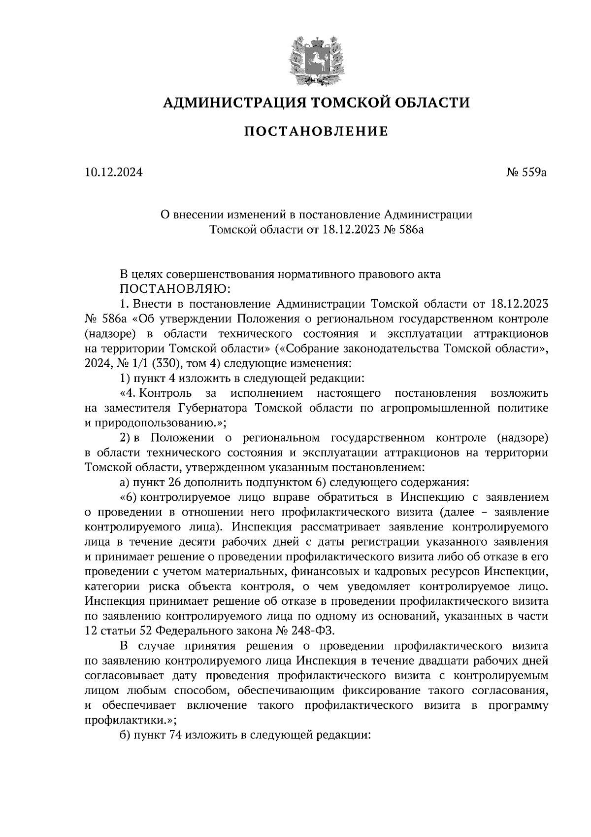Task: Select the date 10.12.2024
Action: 113,173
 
